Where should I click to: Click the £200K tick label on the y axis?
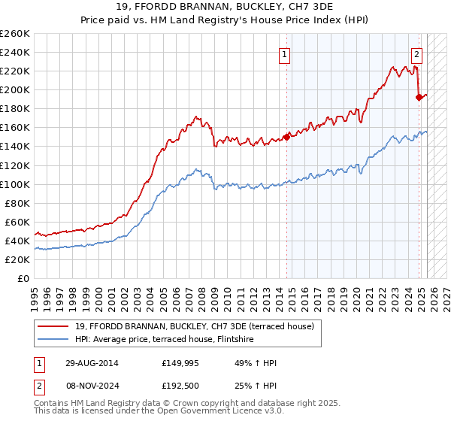(15, 89)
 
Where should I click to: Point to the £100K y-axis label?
(15, 184)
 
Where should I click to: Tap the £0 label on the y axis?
(23, 278)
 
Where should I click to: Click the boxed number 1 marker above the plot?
(286, 53)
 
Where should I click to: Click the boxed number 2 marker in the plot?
(416, 53)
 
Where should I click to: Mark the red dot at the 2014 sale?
(286, 137)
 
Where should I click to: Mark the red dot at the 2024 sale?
(419, 97)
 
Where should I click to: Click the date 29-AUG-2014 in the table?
(86, 363)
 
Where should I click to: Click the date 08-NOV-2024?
(86, 387)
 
